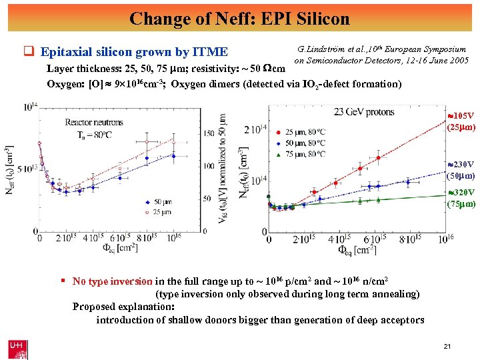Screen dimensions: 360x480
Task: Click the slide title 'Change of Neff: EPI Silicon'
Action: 239,17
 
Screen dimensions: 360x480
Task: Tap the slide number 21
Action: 447,346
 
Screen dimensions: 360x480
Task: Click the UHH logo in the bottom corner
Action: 17,348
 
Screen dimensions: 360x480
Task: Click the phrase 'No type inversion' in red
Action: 112,281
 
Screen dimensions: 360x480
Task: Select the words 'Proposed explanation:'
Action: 123,307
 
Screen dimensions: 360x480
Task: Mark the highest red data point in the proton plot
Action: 379,158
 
